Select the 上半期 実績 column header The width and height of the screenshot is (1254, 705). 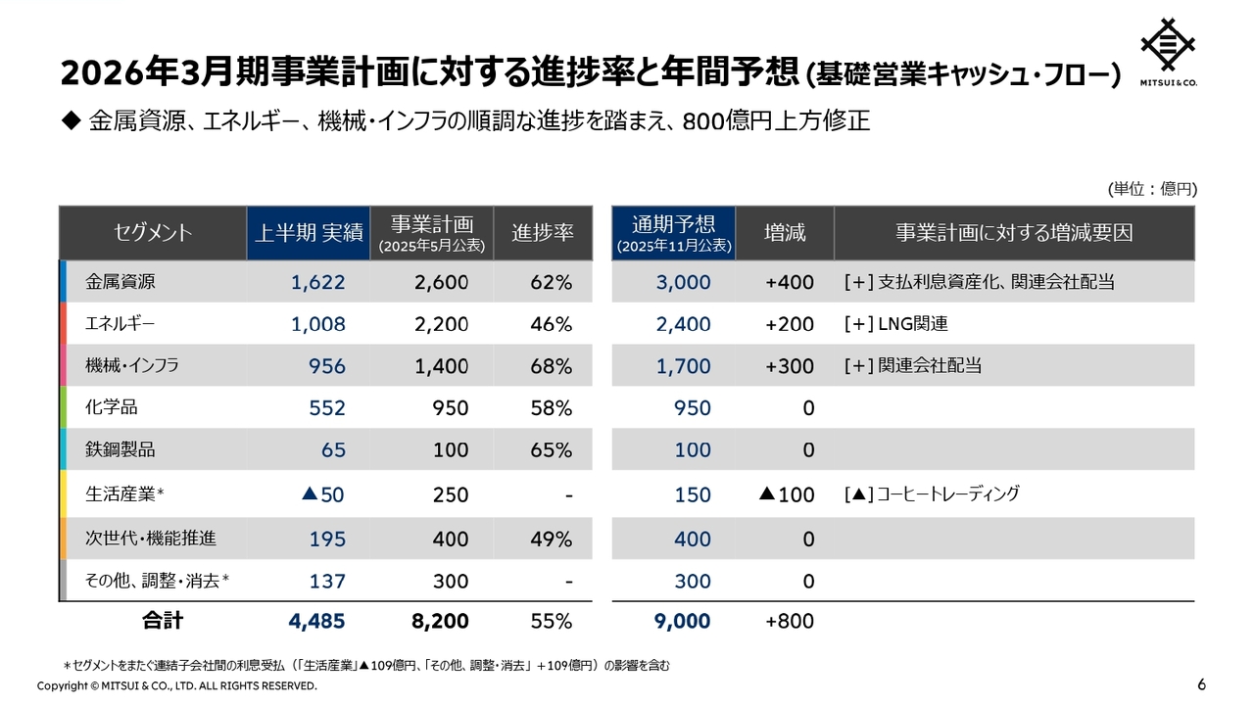[x=309, y=233]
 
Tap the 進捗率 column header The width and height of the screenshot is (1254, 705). [x=543, y=233]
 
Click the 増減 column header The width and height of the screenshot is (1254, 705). [x=785, y=233]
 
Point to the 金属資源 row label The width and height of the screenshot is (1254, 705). [x=121, y=282]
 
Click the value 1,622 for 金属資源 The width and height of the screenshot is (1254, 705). [x=318, y=283]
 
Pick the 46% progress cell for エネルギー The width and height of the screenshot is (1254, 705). [x=551, y=324]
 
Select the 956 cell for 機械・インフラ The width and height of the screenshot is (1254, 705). [x=327, y=366]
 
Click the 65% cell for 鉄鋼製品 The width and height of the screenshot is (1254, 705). [x=551, y=450]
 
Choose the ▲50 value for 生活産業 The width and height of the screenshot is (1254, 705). [x=323, y=494]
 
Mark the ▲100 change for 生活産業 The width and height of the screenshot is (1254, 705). [x=787, y=494]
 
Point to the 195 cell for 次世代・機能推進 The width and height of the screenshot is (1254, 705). [x=327, y=539]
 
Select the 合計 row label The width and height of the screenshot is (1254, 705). [x=163, y=621]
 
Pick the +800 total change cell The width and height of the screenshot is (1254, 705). [x=790, y=621]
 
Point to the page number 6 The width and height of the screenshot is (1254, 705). [x=1202, y=683]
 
